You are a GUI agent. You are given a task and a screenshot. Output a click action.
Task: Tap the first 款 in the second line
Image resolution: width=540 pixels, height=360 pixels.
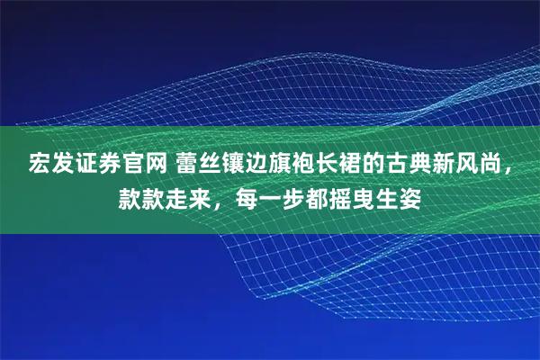tap(131, 195)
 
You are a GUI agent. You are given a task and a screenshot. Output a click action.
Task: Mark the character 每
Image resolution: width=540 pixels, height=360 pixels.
tap(249, 195)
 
